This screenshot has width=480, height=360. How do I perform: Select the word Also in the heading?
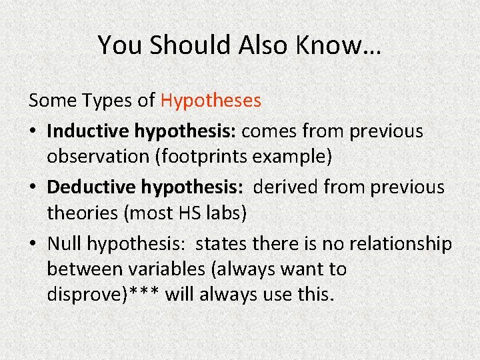[261, 45]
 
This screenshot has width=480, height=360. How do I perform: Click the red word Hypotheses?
[211, 101]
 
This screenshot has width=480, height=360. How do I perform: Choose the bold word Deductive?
[92, 187]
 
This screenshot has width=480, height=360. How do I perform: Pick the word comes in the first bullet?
[270, 131]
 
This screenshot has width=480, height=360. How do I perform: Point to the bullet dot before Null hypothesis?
[33, 245]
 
